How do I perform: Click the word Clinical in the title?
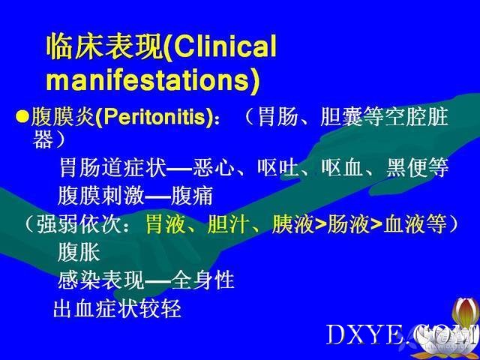226,46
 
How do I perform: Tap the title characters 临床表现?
104,46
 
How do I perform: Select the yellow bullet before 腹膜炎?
23,117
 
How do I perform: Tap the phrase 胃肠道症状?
112,167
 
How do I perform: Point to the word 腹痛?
192,196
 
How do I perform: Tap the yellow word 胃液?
166,224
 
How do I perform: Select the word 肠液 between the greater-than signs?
348,224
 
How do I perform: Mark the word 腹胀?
79,252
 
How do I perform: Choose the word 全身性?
202,280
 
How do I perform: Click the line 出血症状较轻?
117,308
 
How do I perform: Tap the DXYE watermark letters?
364,335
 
